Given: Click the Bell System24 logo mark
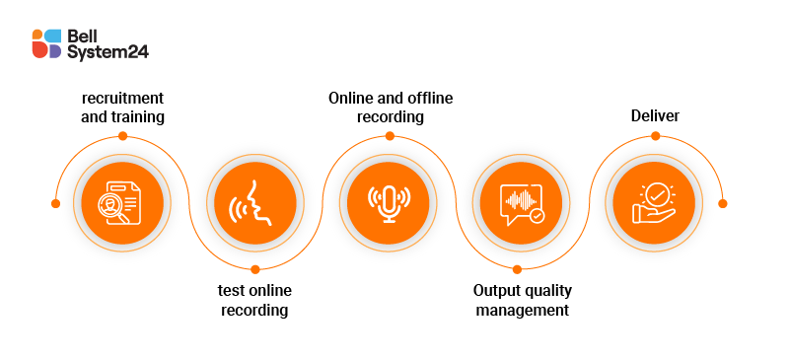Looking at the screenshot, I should coord(46,44).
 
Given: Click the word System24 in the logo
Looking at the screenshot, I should coord(108,52).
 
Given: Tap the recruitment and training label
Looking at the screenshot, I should coord(122,108).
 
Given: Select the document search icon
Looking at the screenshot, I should coord(122,203).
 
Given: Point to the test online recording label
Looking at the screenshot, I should coord(254,300).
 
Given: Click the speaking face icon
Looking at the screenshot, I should coord(254,203).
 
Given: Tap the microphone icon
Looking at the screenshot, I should coord(387,203).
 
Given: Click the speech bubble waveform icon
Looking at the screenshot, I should coord(519,203).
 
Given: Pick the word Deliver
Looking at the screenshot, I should coord(655,117).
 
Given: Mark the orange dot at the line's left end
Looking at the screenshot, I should coord(55,203).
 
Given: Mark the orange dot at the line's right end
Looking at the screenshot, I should coord(722,203).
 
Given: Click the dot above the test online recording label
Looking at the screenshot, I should coord(254,268).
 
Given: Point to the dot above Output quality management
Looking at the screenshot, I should coord(520,268).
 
